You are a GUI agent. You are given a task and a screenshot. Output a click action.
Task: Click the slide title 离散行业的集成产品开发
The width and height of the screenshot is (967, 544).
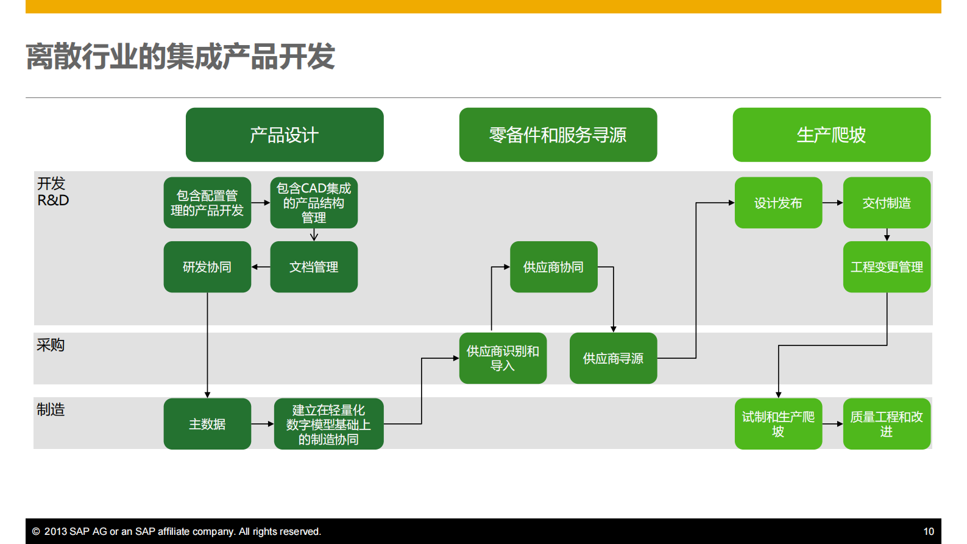(180, 56)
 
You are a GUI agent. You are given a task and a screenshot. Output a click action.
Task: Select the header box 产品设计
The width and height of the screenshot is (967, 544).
(285, 135)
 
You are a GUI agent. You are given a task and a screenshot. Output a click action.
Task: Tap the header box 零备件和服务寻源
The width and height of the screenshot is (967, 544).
(558, 135)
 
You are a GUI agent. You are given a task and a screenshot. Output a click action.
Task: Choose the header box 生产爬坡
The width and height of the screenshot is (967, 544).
(831, 135)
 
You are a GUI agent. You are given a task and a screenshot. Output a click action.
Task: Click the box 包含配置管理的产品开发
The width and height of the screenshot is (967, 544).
(207, 203)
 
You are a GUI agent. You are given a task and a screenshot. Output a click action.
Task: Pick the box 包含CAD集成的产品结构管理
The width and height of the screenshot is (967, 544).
(314, 203)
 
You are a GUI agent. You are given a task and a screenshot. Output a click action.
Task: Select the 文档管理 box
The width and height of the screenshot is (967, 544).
(314, 267)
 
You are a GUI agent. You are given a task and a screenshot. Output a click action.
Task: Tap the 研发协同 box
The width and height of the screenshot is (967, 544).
(207, 267)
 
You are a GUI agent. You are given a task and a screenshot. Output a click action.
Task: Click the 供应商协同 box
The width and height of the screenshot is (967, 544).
(553, 267)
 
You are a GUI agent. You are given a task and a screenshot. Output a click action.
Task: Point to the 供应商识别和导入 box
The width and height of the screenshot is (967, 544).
(503, 358)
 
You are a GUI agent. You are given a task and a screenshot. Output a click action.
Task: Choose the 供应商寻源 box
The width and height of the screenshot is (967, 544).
(613, 358)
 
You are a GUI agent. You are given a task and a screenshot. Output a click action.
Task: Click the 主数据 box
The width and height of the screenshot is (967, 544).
(207, 424)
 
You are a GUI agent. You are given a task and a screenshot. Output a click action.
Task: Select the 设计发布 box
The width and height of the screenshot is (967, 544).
(778, 203)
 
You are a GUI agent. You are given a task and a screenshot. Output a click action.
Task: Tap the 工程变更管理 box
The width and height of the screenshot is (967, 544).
(887, 267)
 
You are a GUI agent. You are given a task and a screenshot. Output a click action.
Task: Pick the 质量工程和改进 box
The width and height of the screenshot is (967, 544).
(887, 424)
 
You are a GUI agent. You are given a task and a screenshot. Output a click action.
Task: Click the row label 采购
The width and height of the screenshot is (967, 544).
(51, 345)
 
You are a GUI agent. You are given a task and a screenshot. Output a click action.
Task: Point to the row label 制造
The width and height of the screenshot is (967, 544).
(51, 409)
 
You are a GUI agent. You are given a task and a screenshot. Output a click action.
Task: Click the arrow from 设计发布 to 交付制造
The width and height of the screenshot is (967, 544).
(832, 203)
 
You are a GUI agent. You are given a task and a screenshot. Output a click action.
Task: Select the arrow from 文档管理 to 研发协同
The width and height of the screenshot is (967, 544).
(261, 267)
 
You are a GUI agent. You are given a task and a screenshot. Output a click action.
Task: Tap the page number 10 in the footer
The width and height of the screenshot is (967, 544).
(929, 531)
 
